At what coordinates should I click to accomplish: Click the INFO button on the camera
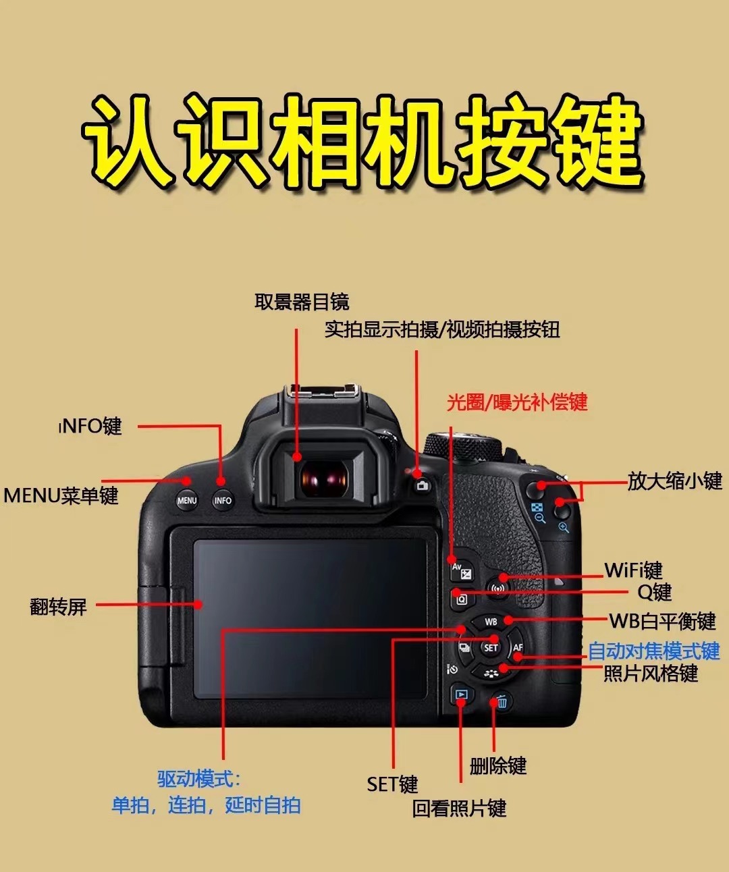[x=223, y=500]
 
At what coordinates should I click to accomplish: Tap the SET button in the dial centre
[x=491, y=647]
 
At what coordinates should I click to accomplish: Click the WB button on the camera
[x=491, y=622]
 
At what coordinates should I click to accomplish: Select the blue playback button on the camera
[x=461, y=694]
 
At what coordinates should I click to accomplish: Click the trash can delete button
[x=502, y=701]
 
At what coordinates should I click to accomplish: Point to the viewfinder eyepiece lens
[x=325, y=477]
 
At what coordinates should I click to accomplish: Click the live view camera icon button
[x=423, y=485]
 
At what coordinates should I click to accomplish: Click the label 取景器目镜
[x=302, y=302]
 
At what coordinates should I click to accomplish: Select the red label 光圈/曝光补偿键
[x=517, y=402]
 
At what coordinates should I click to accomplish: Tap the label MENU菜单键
[x=61, y=495]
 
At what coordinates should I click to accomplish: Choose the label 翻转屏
[x=59, y=607]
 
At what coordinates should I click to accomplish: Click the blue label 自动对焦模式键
[x=654, y=651]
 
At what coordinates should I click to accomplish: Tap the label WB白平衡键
[x=663, y=621]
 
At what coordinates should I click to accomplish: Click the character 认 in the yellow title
[x=128, y=142]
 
